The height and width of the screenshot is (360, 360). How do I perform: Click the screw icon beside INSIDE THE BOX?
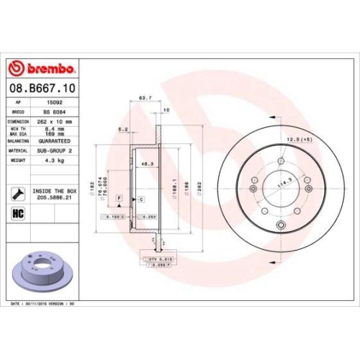[x=16, y=192]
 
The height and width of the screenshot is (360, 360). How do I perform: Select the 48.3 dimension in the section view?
[x=147, y=164]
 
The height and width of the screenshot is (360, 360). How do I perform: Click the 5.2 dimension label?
[x=124, y=130]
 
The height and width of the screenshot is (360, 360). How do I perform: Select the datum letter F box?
[x=118, y=197]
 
